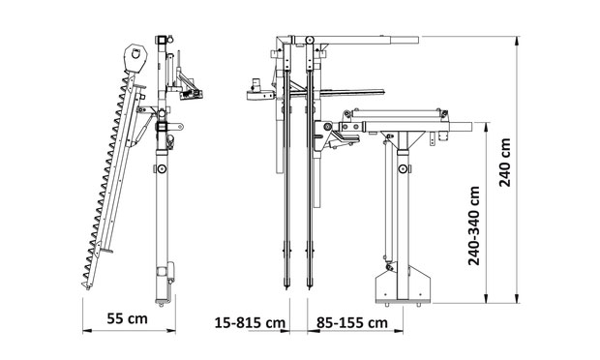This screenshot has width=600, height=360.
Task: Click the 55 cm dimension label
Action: pos(127,318)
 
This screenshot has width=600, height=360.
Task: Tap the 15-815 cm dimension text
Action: pos(250,322)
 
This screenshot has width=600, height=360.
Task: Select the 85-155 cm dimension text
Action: pos(352,322)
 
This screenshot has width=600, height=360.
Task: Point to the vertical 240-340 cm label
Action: pos(474,225)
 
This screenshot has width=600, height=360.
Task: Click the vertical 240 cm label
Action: pos(505,163)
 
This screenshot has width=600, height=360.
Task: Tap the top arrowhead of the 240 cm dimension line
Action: pos(518,41)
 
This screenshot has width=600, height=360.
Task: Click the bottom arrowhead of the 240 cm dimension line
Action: pos(518,299)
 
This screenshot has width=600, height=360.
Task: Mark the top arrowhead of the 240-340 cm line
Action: pos(487,127)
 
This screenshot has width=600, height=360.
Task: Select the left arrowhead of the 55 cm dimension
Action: pos(87,331)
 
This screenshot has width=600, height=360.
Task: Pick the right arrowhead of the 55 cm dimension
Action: pos(171,331)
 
